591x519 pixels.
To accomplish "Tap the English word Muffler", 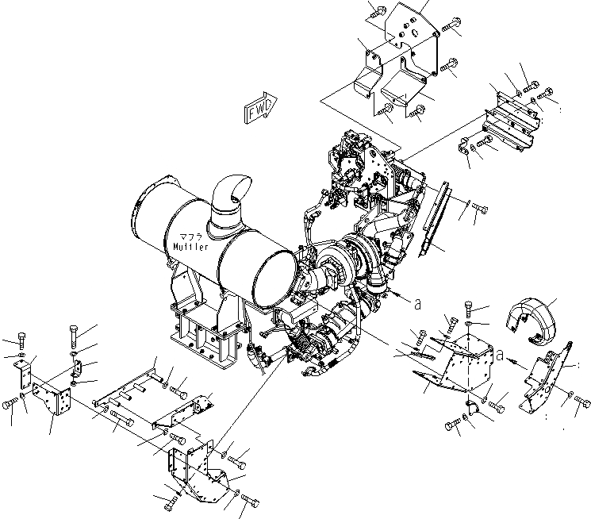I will click(190, 247).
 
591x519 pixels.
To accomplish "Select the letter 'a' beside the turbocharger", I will click(416, 302).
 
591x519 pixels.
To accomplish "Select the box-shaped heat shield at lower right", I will click(460, 361).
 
